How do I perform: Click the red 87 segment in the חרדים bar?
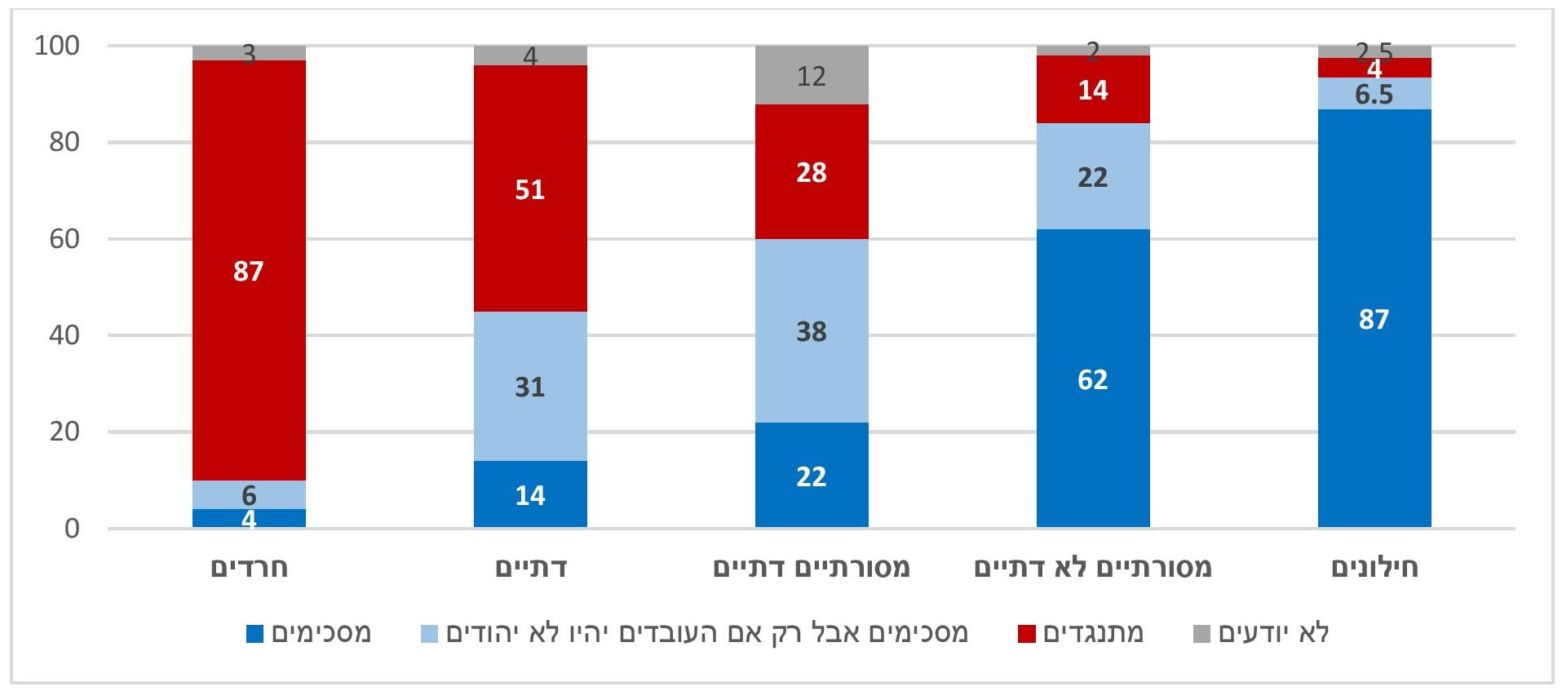tap(249, 270)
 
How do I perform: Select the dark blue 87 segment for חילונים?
tap(1374, 318)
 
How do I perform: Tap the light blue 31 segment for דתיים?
tap(530, 386)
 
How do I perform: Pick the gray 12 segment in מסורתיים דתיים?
tap(811, 75)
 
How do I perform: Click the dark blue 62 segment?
tap(1092, 379)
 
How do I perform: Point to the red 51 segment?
tap(530, 188)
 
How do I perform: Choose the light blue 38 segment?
tap(811, 330)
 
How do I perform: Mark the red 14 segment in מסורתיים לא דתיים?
tap(1092, 89)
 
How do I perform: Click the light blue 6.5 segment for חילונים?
tap(1374, 94)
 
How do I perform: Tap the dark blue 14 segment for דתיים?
tap(530, 494)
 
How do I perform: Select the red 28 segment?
tap(811, 171)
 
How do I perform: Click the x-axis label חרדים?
tap(250, 567)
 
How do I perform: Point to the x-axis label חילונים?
tap(1374, 567)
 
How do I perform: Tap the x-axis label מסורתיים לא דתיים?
tap(1092, 567)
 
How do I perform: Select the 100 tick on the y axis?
tap(57, 46)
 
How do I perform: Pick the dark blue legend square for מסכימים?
tap(255, 634)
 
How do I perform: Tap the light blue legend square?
tap(429, 634)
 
